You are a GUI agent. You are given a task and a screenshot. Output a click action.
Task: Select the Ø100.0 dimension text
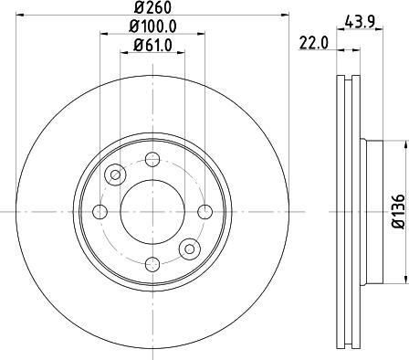(x=152, y=27)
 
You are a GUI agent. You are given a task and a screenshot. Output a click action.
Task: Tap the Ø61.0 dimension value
(x=152, y=46)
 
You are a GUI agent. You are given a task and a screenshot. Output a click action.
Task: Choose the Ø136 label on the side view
(x=398, y=211)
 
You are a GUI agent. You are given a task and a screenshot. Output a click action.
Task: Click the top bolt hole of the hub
(x=152, y=160)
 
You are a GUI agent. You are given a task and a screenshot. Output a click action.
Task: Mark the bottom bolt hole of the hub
(x=152, y=263)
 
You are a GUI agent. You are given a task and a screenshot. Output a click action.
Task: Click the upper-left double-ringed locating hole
(x=116, y=175)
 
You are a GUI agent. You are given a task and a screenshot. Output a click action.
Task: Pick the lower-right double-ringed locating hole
(x=189, y=248)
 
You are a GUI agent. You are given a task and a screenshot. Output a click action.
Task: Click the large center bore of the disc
(x=152, y=211)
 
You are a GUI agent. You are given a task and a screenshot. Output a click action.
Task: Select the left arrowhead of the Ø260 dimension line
(x=20, y=16)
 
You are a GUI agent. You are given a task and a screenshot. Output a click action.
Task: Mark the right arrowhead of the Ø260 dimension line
(x=284, y=16)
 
